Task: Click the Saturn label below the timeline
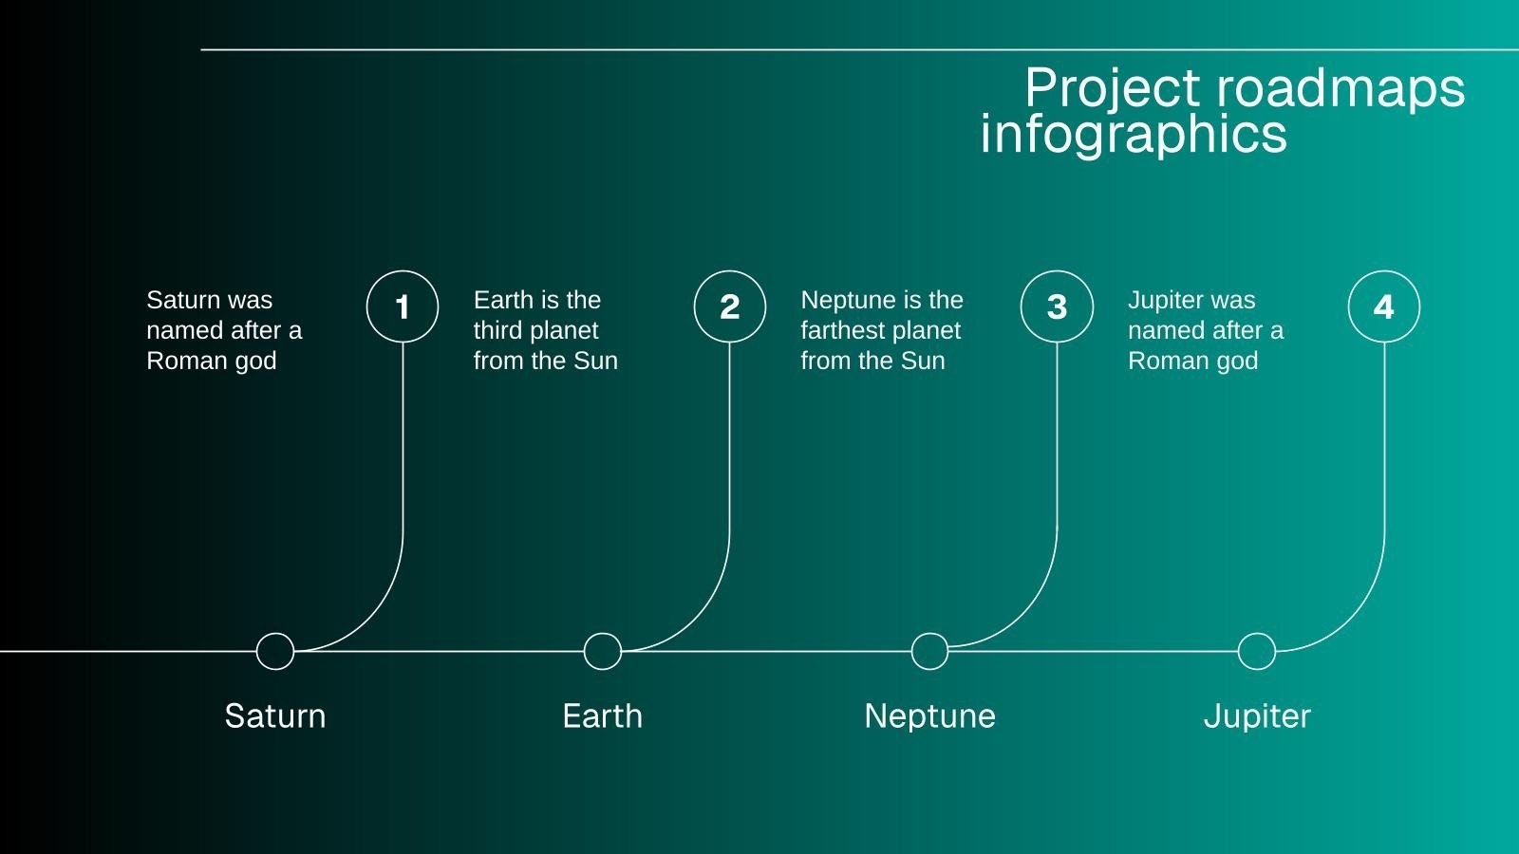(275, 715)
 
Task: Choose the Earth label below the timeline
(603, 715)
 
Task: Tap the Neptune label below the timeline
(929, 716)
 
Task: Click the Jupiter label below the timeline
(1257, 716)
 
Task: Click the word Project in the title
(1112, 89)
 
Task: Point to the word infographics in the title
(1134, 134)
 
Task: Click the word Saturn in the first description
(183, 300)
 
